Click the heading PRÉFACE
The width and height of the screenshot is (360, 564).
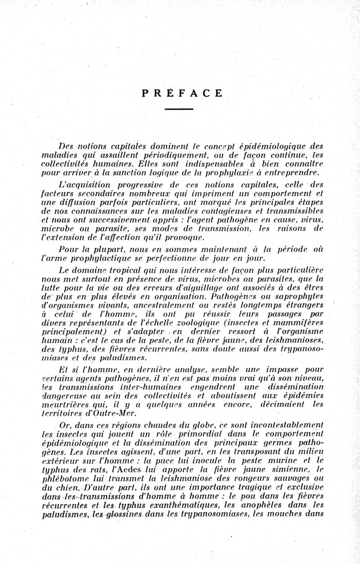point(181,94)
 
